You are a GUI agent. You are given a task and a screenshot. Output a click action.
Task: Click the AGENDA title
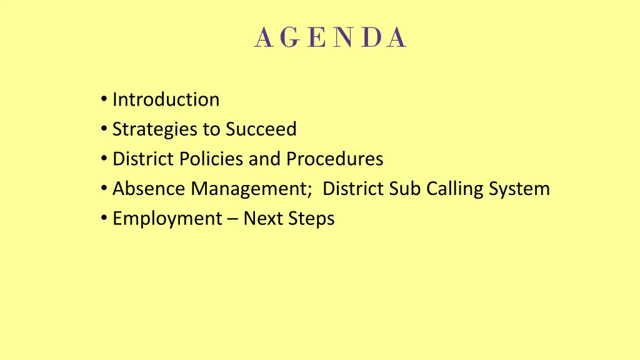pyautogui.click(x=331, y=38)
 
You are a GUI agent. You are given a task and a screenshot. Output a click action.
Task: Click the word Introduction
pyautogui.click(x=166, y=99)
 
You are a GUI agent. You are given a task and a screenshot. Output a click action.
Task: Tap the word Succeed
pyautogui.click(x=261, y=129)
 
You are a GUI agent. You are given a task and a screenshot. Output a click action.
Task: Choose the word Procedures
pyautogui.click(x=334, y=159)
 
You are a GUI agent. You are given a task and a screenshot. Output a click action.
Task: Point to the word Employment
pyautogui.click(x=167, y=219)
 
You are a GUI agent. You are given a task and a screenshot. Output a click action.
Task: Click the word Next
pyautogui.click(x=262, y=218)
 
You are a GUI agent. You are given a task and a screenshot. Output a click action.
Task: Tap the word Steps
pyautogui.click(x=311, y=219)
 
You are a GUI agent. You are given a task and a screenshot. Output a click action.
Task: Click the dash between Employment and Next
pyautogui.click(x=232, y=219)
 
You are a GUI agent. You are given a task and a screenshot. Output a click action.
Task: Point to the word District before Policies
pyautogui.click(x=143, y=159)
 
